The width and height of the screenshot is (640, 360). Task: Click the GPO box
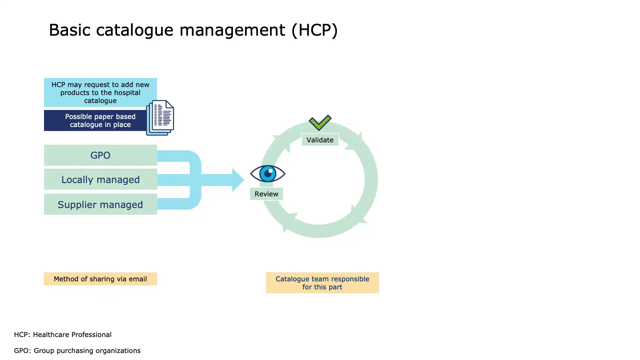100,155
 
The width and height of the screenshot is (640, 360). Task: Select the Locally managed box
100,179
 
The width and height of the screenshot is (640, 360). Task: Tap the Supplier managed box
100,204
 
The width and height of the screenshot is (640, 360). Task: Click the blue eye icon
268,173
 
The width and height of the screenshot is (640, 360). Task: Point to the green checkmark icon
320,122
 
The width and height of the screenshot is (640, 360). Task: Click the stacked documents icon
160,118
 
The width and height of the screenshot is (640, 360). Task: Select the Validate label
320,140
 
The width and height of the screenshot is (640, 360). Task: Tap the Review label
266,194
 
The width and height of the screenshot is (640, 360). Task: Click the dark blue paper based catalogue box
97,120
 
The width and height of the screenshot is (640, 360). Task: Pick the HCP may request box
100,92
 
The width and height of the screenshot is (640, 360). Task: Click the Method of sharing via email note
100,279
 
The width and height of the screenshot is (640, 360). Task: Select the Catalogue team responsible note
322,283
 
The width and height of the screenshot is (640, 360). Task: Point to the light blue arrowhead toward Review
238,180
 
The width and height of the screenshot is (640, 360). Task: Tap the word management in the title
232,30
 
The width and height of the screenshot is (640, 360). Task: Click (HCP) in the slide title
315,30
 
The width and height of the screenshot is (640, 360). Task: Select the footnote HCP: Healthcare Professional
63,335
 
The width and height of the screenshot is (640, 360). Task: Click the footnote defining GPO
77,351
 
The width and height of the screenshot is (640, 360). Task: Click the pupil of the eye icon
268,174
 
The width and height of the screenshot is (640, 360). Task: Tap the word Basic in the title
69,30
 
